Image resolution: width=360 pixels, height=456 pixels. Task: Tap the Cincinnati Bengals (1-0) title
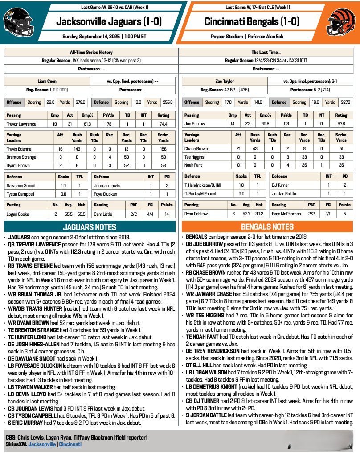[252, 21]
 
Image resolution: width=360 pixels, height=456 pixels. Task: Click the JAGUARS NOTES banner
[90, 227]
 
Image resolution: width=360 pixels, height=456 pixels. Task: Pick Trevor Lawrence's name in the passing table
[21, 124]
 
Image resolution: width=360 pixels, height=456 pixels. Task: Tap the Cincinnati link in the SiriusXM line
[70, 444]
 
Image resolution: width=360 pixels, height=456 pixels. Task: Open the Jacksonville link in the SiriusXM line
[42, 444]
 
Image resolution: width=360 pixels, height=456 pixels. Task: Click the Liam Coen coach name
[46, 82]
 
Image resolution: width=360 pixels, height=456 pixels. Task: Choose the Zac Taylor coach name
[225, 82]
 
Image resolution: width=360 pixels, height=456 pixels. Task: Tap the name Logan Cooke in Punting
[18, 214]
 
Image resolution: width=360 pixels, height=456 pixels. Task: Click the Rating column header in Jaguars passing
[164, 115]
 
